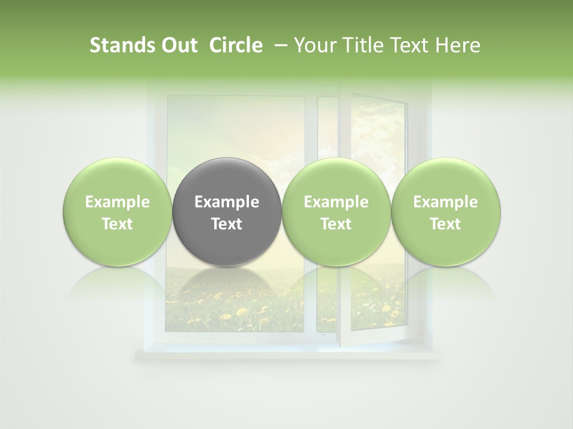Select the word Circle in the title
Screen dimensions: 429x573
pos(236,45)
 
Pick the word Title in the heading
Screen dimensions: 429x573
pos(361,45)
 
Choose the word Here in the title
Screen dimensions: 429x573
pos(458,45)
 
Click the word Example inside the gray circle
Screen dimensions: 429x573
pos(227,203)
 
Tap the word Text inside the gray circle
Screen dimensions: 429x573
pos(227,224)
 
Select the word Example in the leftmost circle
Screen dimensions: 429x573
pos(118,203)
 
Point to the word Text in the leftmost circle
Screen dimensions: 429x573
pos(118,224)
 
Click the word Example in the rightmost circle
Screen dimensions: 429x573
pos(446,203)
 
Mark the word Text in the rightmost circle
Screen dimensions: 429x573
pos(446,224)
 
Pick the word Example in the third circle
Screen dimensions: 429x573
pos(336,203)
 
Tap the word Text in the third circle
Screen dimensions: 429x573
pos(336,224)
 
